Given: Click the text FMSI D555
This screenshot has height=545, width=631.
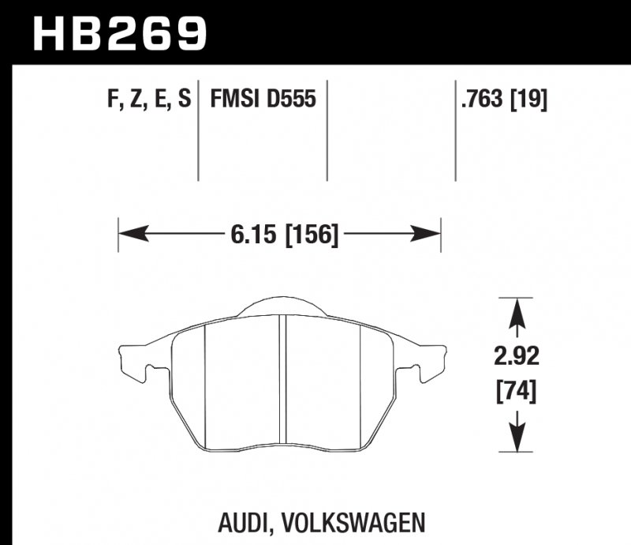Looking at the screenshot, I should coord(263,100).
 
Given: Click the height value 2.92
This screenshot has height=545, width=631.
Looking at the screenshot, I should coord(517,358).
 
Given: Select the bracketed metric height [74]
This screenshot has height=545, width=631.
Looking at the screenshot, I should coord(517,391).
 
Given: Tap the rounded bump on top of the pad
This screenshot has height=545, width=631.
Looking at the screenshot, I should coord(282,307).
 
